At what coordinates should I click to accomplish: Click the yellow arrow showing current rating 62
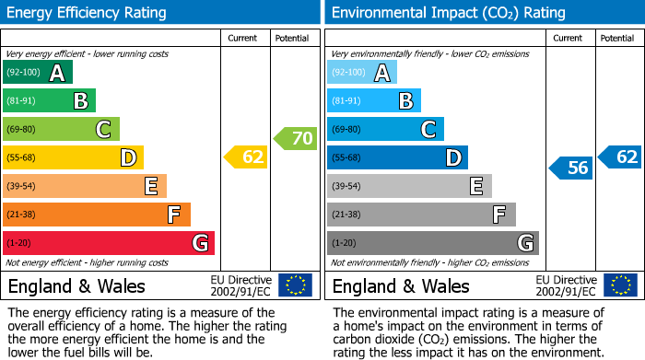[246, 157]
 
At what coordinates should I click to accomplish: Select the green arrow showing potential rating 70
[295, 138]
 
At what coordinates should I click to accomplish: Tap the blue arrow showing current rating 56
[571, 168]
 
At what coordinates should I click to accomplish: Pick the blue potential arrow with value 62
[620, 157]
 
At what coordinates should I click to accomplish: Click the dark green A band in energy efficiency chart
[37, 73]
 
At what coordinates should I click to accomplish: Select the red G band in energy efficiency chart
[108, 243]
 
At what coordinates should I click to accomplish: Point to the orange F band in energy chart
[96, 215]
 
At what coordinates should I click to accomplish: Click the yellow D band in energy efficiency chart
[73, 157]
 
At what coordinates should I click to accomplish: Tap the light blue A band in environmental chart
[362, 73]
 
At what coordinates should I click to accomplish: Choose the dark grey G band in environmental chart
[432, 243]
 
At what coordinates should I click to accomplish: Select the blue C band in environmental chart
[385, 129]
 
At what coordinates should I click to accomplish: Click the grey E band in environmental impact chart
[409, 186]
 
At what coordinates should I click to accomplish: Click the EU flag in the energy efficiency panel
[295, 285]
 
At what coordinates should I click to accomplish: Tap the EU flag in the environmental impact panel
[620, 285]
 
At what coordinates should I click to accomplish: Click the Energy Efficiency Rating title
[88, 13]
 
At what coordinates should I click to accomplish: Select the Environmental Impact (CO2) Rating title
[448, 13]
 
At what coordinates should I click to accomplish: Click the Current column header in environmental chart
[569, 38]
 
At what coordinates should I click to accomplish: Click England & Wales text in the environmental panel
[401, 285]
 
